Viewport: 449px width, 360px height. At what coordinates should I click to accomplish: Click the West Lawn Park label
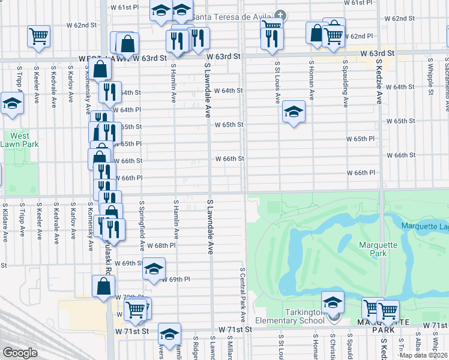pos(20,140)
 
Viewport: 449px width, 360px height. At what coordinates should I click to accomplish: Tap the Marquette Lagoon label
pos(425,225)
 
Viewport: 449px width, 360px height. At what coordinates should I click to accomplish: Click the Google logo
pos(20,353)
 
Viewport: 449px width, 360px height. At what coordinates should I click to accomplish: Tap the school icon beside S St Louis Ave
pos(294,112)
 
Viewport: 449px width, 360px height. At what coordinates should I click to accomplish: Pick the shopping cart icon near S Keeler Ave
pos(38,36)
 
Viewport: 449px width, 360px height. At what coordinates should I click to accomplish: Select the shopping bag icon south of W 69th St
pos(103,286)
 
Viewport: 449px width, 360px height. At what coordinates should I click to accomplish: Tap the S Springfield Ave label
pos(142,226)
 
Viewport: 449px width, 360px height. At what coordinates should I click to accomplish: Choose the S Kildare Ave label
pos(5,221)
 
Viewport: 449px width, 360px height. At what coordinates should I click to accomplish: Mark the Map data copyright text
pos(424,355)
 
